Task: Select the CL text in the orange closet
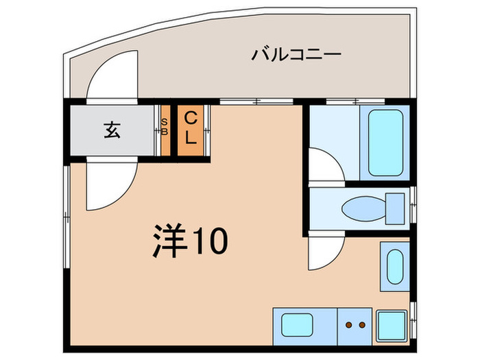(191, 130)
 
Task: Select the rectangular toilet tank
(396, 208)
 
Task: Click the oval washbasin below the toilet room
(394, 267)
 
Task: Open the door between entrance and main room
(108, 184)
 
